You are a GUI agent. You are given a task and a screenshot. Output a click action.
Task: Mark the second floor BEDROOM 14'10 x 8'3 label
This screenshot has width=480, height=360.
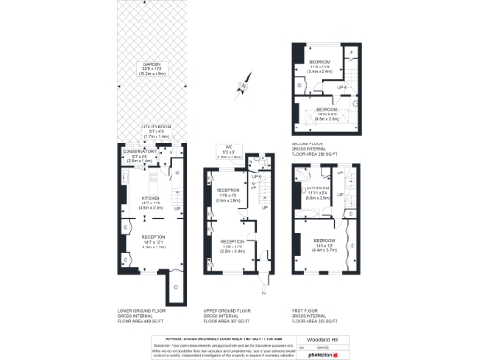(x=326, y=109)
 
